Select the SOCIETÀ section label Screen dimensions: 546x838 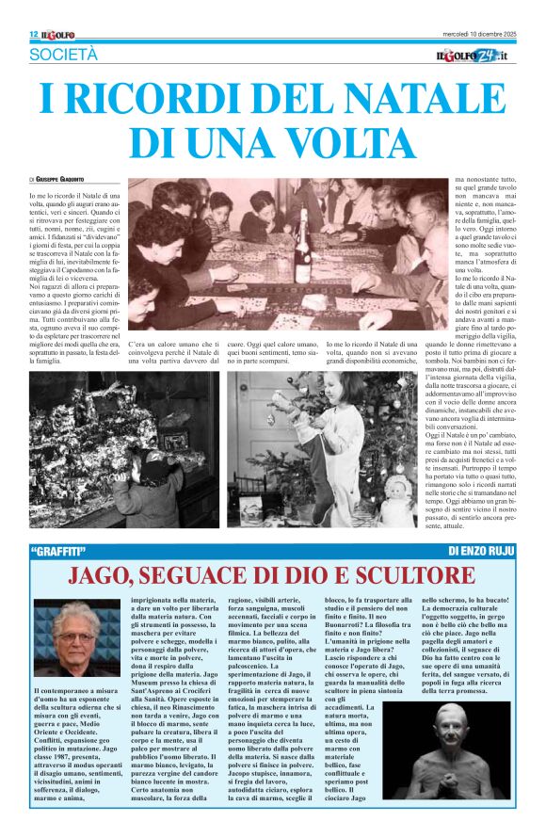click(63, 56)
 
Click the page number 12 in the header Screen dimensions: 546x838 click(33, 35)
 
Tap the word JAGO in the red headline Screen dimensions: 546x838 click(105, 575)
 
